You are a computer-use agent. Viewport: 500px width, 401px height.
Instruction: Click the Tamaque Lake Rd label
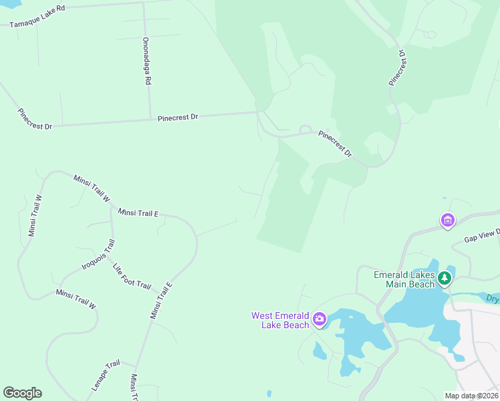pyautogui.click(x=37, y=16)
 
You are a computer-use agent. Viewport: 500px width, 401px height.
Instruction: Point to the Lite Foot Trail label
pyautogui.click(x=132, y=275)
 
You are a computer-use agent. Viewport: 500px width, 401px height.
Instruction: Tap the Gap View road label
pyautogui.click(x=481, y=237)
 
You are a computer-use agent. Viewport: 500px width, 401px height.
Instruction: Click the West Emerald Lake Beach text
pyautogui.click(x=280, y=320)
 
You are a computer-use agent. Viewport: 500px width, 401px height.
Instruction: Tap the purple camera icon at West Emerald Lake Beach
pyautogui.click(x=320, y=318)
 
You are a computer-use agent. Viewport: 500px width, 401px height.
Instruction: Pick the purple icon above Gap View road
pyautogui.click(x=447, y=219)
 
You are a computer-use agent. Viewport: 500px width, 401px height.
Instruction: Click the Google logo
pyautogui.click(x=22, y=393)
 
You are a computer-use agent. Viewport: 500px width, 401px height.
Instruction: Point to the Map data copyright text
pyautogui.click(x=471, y=395)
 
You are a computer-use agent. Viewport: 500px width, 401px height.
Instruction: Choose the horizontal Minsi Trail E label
pyautogui.click(x=138, y=213)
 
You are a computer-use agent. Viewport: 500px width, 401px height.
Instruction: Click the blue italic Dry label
pyautogui.click(x=493, y=299)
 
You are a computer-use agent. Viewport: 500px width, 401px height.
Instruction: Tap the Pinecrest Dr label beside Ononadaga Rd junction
pyautogui.click(x=178, y=118)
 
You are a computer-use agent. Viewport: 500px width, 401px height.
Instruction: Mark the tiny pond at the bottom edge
pyautogui.click(x=269, y=394)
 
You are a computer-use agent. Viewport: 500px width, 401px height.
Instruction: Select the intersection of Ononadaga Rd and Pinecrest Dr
pyautogui.click(x=150, y=120)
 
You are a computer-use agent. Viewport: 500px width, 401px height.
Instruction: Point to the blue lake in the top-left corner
pyautogui.click(x=9, y=3)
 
